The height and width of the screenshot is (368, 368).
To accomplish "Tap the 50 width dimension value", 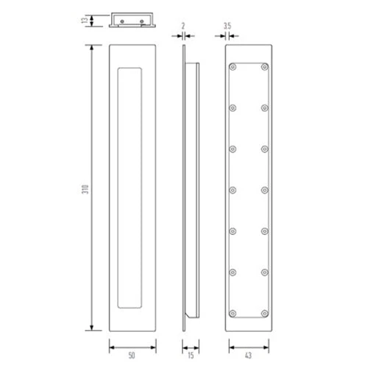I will point(132,354).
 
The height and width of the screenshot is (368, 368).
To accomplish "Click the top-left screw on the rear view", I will point(233,66).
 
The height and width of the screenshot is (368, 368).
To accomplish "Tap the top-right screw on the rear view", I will point(264,66).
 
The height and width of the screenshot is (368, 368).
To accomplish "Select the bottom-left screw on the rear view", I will point(233,312).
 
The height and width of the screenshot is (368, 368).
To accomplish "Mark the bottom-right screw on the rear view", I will point(264,312).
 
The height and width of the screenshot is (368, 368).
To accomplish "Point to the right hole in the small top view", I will point(141,21).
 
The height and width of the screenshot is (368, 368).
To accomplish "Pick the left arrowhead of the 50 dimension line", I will point(111,344).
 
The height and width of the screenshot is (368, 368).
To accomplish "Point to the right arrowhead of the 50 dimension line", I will point(155,344).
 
